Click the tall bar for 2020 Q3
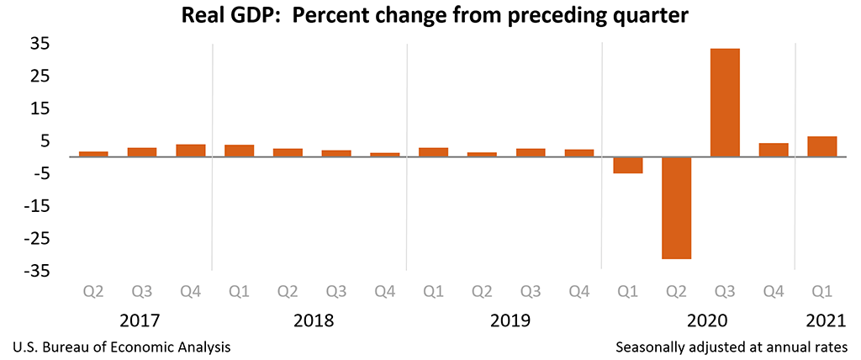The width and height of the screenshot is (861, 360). coord(725,103)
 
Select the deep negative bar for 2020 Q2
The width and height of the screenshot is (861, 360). coord(676,208)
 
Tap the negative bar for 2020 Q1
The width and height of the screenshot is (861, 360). coord(627,165)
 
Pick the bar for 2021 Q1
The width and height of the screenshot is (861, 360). coord(822,146)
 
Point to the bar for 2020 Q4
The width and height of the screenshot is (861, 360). coord(774,150)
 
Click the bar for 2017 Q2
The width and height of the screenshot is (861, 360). coord(93,154)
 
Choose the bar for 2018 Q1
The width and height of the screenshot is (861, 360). coord(239,151)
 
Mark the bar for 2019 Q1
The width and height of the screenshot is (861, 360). coord(433,152)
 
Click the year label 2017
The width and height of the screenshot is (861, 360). coord(140,320)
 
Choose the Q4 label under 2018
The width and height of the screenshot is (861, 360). coord(385,292)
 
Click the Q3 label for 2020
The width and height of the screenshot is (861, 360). coord(725,292)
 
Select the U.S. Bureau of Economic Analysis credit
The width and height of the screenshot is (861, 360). coord(122,347)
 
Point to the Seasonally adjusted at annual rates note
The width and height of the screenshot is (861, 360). coord(732,347)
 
